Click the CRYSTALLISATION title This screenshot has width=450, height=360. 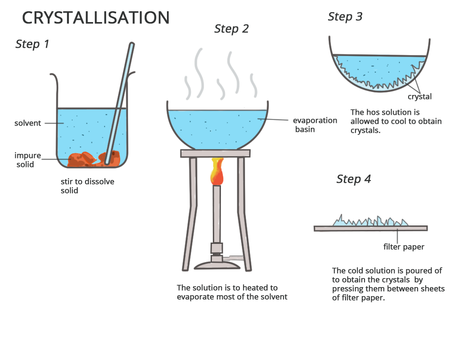(x=95, y=18)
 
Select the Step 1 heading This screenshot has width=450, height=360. (x=32, y=44)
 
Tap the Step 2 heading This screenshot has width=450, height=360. (x=231, y=29)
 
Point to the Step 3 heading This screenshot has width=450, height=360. (x=345, y=17)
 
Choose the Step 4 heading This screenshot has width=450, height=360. (x=354, y=179)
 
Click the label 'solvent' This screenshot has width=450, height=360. (x=27, y=123)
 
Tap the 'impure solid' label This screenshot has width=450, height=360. (x=27, y=160)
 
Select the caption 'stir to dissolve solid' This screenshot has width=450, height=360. (x=87, y=186)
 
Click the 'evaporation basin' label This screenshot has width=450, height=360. (x=315, y=125)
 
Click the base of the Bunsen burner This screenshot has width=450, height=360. (x=217, y=265)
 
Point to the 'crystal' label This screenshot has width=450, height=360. (x=419, y=96)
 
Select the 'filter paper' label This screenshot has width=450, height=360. (x=404, y=247)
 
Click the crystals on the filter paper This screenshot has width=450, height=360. (x=370, y=221)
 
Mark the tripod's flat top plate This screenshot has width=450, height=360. (x=215, y=153)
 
